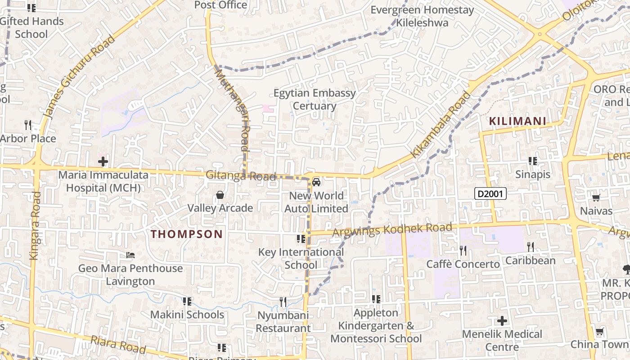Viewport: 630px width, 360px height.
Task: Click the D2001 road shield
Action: coord(490,194)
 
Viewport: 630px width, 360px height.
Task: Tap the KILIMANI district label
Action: coord(517,121)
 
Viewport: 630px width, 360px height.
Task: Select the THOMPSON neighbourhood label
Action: coord(186,234)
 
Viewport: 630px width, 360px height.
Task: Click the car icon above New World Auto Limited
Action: coord(316,182)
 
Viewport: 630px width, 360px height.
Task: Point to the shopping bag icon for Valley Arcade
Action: coord(220,195)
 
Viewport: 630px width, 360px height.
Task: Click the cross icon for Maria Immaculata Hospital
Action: coord(103,161)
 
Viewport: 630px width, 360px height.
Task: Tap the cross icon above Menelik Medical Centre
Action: coord(502,321)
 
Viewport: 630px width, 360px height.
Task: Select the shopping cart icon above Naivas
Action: coord(596,198)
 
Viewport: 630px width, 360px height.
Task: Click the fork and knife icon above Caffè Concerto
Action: coord(463,250)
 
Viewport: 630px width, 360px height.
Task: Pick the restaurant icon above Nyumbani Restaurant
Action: coord(283,301)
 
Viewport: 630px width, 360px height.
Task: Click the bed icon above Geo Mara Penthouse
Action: coord(130,255)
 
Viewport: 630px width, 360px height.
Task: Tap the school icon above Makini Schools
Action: coord(187,301)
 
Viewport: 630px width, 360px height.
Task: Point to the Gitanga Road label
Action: coord(240,175)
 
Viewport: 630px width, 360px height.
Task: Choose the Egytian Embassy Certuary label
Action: coord(315,99)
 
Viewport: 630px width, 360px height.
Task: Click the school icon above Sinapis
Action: coord(533,161)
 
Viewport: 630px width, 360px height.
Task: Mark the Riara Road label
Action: coord(118,344)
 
